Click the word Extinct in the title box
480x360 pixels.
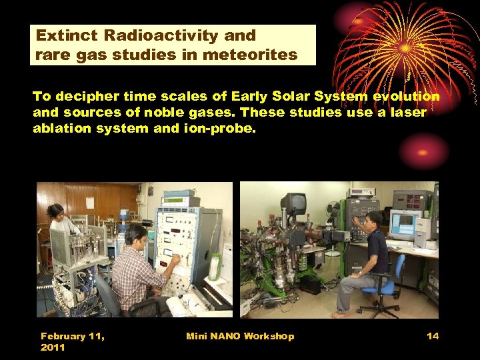click(x=66, y=35)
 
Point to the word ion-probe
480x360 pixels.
click(x=224, y=129)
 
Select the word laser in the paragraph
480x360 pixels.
click(x=407, y=113)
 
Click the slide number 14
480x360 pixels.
click(x=433, y=336)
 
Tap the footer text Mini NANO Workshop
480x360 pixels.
click(x=240, y=336)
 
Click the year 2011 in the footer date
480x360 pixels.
click(x=53, y=348)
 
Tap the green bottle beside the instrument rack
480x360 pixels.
click(x=214, y=266)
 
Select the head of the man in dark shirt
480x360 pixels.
click(x=373, y=219)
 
